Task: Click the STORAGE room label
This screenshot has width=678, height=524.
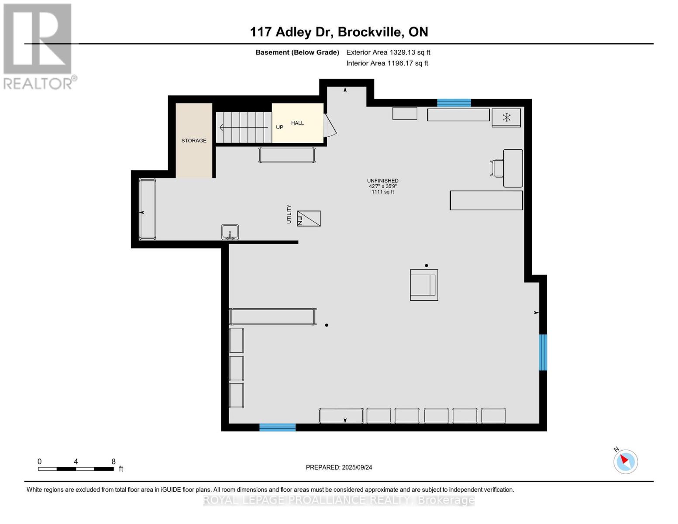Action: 194,141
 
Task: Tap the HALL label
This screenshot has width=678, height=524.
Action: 297,123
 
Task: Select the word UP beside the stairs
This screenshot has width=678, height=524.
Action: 279,128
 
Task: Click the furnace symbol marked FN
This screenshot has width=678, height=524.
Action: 309,218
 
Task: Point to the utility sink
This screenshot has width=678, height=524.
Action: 230,232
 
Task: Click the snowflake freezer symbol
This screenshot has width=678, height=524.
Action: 506,117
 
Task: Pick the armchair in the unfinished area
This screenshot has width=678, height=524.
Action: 424,285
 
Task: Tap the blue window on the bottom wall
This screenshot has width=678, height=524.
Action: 277,427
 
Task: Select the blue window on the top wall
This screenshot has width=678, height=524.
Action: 454,103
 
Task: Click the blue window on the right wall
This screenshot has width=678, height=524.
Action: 543,352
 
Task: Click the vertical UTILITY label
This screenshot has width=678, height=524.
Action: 289,214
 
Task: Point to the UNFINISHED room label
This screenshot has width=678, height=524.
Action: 382,181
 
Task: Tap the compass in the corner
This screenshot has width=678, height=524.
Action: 626,462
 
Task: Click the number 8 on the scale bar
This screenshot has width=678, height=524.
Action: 114,462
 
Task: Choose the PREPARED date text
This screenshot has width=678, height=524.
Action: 339,468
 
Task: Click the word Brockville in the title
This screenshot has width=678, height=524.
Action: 370,32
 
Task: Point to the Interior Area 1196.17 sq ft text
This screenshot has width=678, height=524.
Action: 387,63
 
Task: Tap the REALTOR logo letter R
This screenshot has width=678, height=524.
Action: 38,39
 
